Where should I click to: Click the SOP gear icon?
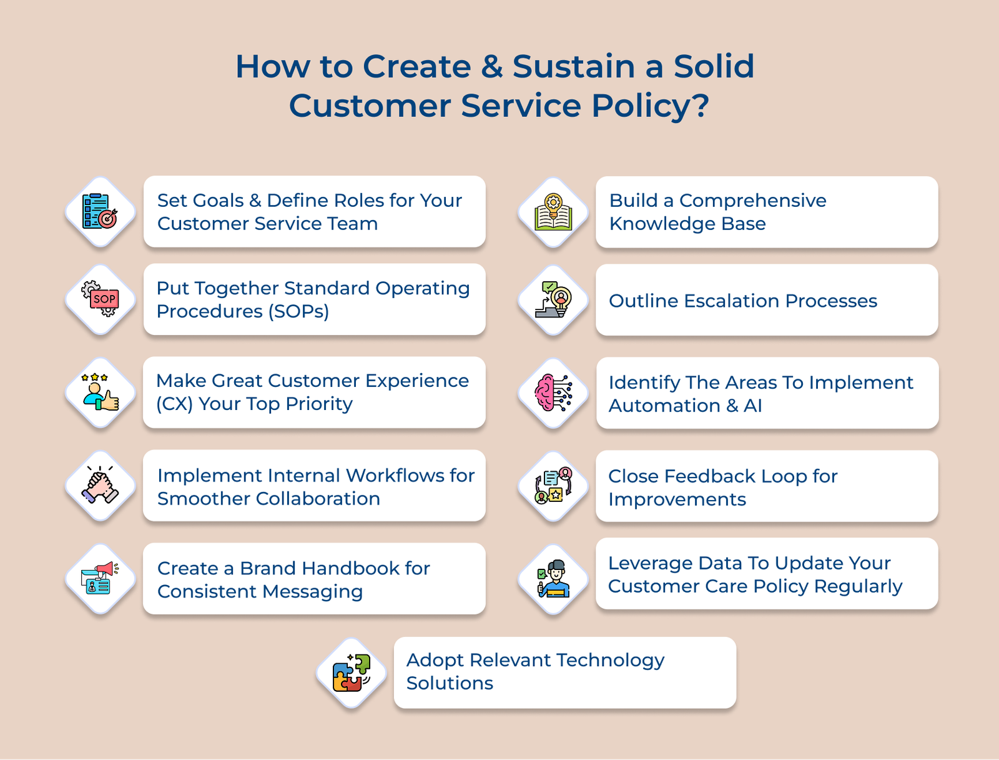(101, 299)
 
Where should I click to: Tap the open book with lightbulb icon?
(553, 212)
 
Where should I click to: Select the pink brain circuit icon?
(553, 393)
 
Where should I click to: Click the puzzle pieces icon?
(352, 673)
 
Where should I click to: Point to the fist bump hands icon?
(101, 486)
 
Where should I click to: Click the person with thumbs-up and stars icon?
(101, 392)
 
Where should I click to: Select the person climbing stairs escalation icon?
(553, 300)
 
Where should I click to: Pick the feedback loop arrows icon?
(553, 486)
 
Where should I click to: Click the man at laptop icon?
(553, 579)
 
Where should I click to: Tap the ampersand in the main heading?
(492, 66)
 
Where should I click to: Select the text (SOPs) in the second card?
(298, 311)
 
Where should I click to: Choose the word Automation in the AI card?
(664, 406)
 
